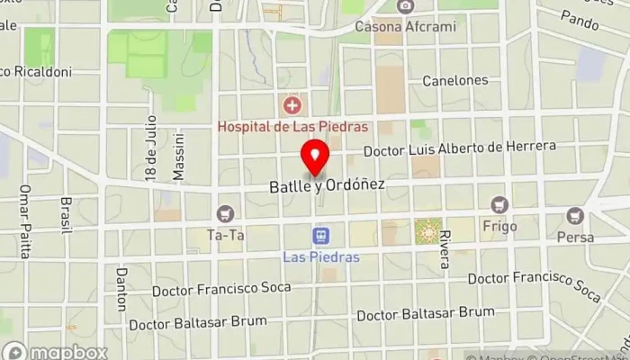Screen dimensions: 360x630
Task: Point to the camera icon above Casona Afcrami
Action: coord(405,6)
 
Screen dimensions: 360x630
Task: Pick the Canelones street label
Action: coord(455,81)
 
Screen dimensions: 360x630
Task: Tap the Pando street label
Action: coord(579,17)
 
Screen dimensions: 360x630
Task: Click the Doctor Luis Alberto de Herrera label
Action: coord(460,147)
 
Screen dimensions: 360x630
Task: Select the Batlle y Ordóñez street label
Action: coord(328,185)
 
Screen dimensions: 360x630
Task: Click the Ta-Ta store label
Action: coord(225,236)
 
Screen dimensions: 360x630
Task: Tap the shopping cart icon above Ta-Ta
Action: coord(225,214)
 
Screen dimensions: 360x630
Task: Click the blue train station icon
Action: coord(319,236)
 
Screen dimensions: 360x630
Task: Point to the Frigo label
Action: coord(499,226)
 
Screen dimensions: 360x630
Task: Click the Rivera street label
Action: coord(445,247)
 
